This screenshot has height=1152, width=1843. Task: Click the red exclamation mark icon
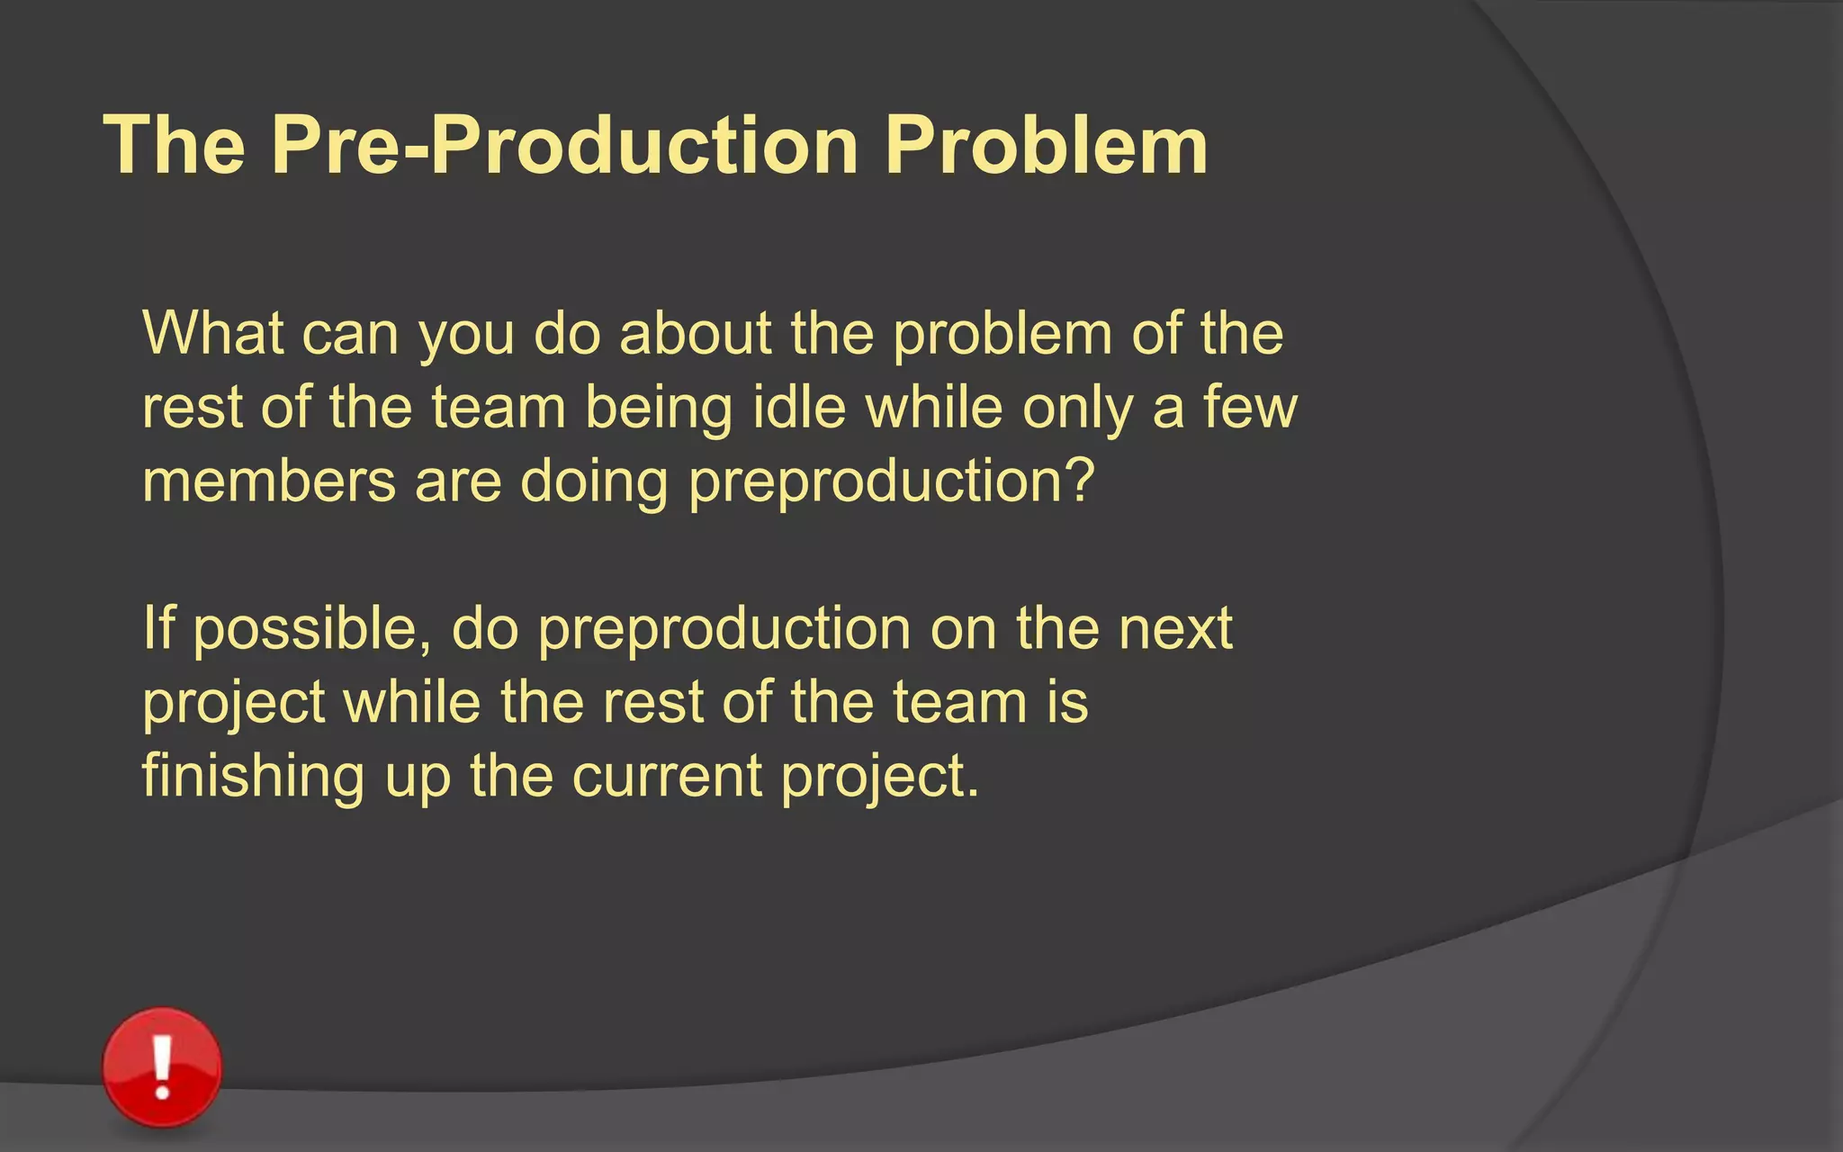point(162,1066)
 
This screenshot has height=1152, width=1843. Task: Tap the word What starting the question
point(213,333)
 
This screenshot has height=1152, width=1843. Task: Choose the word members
point(269,481)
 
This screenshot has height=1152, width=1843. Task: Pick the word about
point(696,333)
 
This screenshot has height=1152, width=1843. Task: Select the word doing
point(594,482)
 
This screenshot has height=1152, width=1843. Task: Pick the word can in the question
point(350,335)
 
